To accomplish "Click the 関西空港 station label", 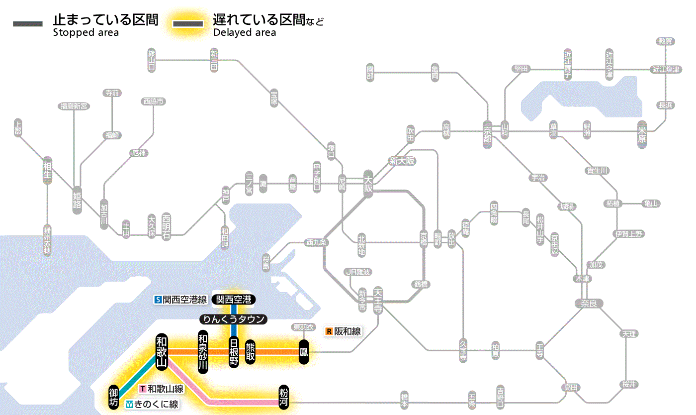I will coord(234,300).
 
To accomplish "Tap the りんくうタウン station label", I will coord(234,319).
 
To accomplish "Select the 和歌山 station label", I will coord(162,351).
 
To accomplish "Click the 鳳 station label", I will coord(304,351).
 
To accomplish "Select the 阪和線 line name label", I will coord(344,331).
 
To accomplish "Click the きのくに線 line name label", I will coord(152,405).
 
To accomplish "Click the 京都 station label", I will coord(487,132).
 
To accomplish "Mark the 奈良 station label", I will coord(589,303).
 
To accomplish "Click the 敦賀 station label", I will coord(665,42).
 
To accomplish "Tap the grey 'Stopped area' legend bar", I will coord(28,23).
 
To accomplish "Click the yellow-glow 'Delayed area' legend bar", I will coord(188,23).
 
